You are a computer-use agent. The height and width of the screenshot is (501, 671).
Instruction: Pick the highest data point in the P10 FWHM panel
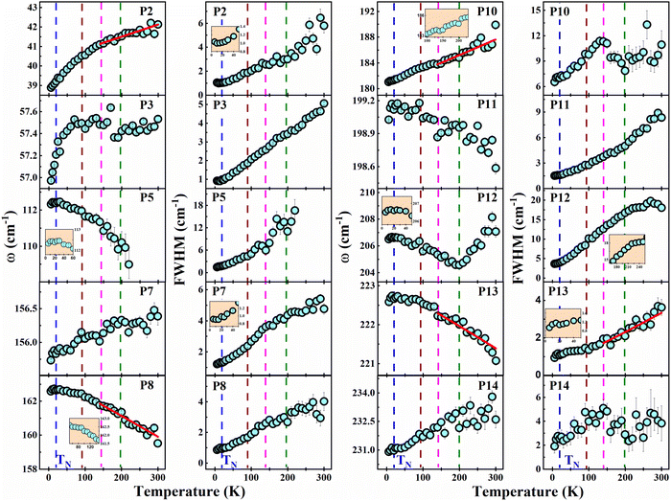point(647,25)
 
